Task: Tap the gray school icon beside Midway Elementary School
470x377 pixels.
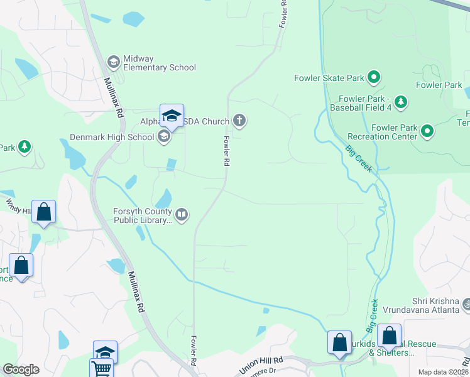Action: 113,62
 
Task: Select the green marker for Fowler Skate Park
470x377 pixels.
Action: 374,78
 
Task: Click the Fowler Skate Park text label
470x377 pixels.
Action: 329,79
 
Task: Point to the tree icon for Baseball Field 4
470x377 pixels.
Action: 401,102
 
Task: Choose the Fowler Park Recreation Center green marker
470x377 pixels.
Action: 427,131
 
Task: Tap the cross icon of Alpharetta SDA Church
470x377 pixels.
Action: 239,119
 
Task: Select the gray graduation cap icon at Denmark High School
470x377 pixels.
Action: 164,136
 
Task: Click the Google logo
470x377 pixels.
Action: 21,369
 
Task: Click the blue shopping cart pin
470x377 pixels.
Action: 101,368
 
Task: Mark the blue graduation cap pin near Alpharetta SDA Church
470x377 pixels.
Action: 172,116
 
